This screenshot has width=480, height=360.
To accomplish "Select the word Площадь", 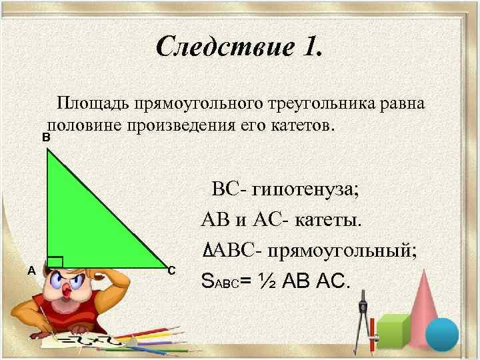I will click(93, 105).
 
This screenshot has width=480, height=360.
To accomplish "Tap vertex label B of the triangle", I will click(46, 137).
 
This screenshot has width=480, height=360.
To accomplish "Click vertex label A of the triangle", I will click(31, 270).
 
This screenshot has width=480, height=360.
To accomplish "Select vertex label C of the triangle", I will click(171, 270).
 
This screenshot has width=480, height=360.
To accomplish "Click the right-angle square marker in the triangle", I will click(55, 263).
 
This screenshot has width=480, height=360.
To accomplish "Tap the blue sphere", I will click(442, 333).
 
